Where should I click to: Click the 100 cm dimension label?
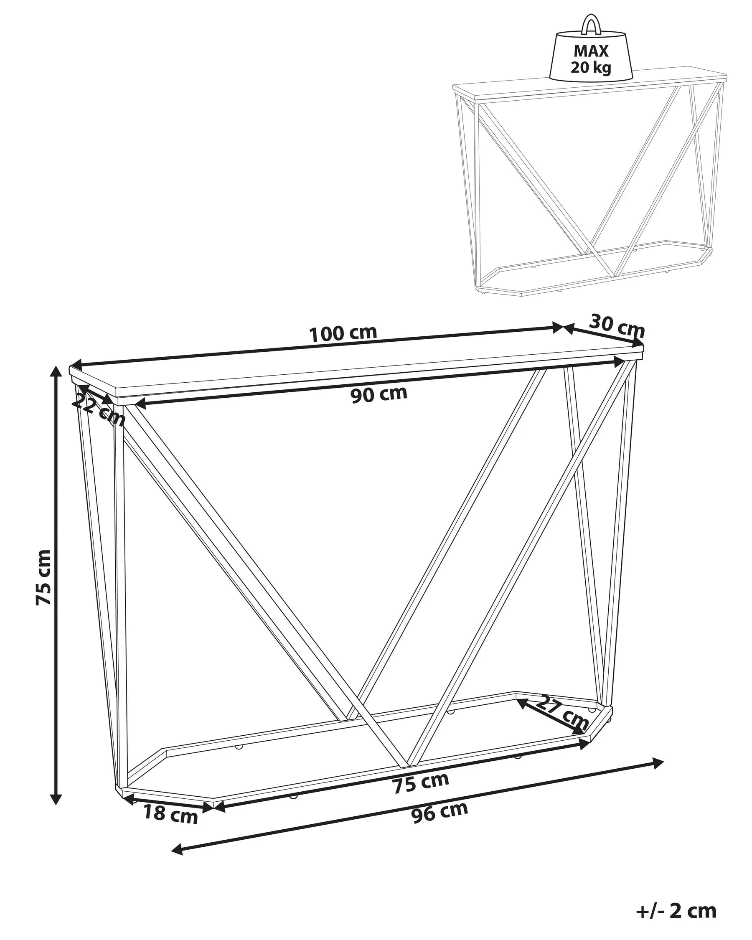(343, 333)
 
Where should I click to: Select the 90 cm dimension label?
(379, 394)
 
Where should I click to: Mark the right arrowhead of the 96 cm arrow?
(656, 762)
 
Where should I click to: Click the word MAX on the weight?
(591, 51)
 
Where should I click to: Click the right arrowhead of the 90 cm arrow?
(620, 360)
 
